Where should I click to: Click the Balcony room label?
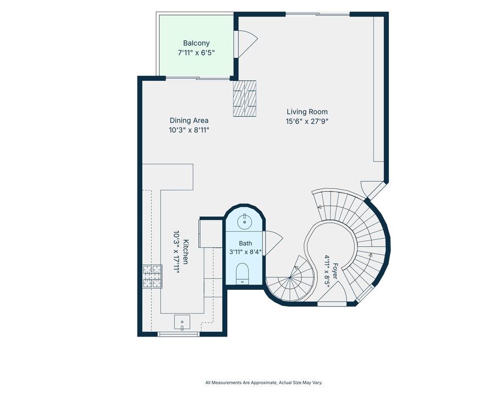[196, 43]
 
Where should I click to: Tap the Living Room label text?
[307, 112]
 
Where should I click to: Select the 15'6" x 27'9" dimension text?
[307, 122]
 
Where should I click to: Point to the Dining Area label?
[189, 120]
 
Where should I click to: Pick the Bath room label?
[245, 243]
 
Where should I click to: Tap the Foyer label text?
[335, 271]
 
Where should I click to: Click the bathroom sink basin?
[244, 221]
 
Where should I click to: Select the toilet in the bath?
[243, 273]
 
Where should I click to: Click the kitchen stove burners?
[152, 277]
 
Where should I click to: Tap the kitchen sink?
[182, 323]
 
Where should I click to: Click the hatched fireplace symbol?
[244, 98]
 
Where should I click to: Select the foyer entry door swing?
[332, 291]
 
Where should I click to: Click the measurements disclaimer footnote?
[264, 383]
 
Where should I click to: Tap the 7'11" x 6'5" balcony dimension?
[196, 53]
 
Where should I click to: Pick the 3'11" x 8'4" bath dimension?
[245, 252]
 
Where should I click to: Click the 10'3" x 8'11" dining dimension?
[189, 130]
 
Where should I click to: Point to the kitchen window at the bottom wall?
[179, 334]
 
